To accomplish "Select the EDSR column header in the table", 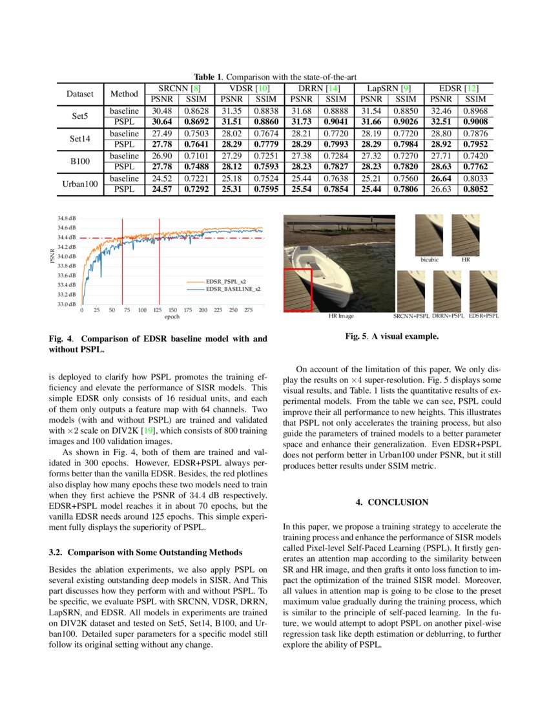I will click(458, 87).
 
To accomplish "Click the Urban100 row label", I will click(81, 184).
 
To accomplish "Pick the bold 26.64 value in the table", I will click(440, 178).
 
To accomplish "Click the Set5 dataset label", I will click(81, 117).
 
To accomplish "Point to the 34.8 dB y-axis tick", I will click(67, 218).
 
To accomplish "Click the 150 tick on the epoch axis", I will click(172, 310).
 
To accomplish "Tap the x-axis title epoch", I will click(172, 317).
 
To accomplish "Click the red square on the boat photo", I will click(298, 290).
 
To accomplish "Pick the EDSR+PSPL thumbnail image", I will click(482, 291).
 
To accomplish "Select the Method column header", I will click(125, 93).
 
